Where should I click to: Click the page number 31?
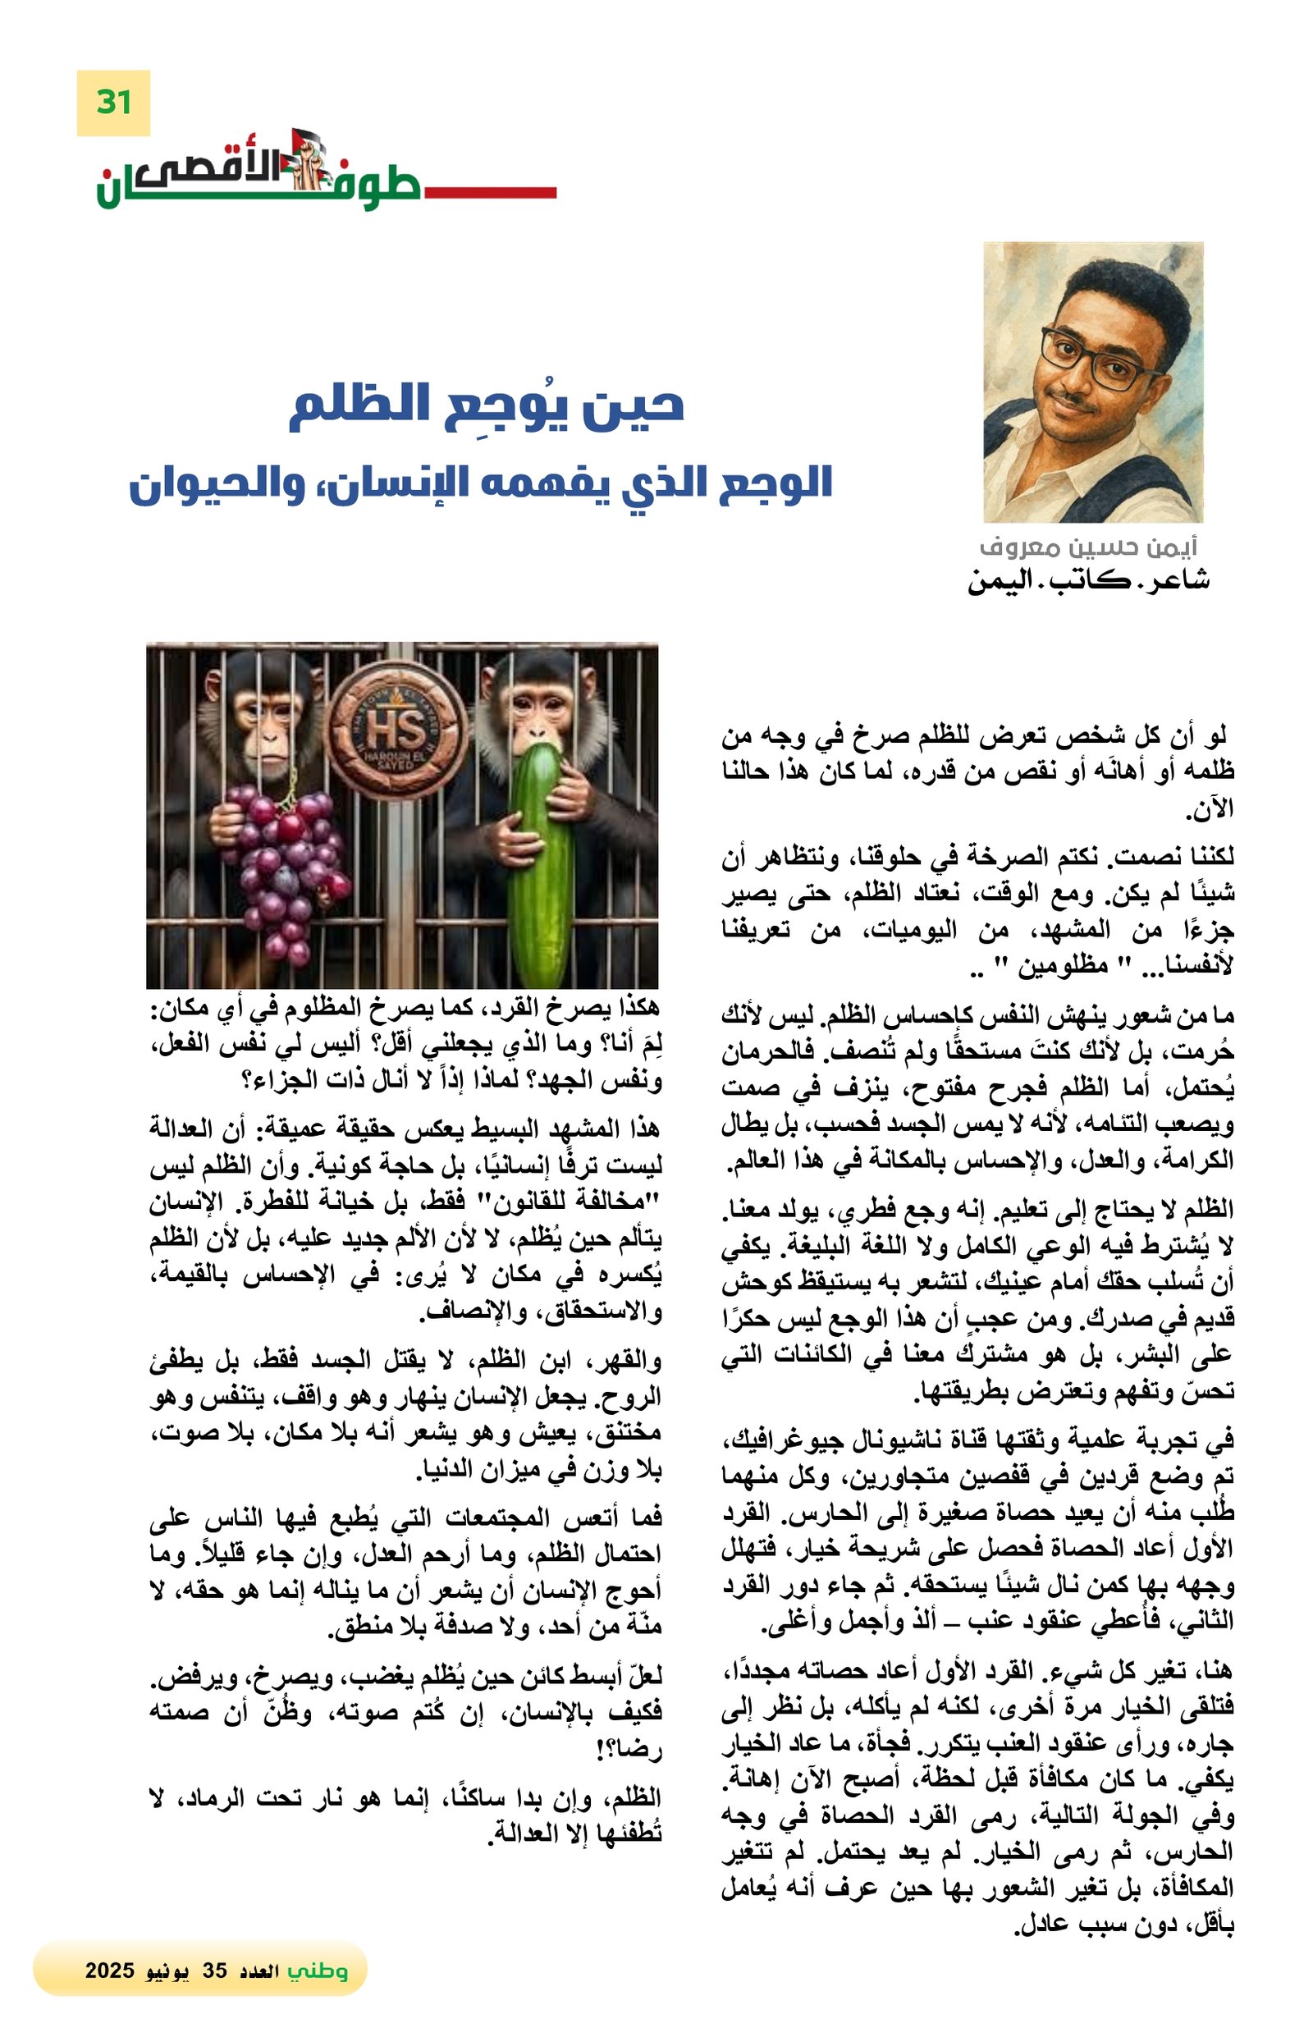pos(112,103)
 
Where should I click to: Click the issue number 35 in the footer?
pos(215,1971)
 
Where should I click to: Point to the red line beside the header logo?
pos(490,193)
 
